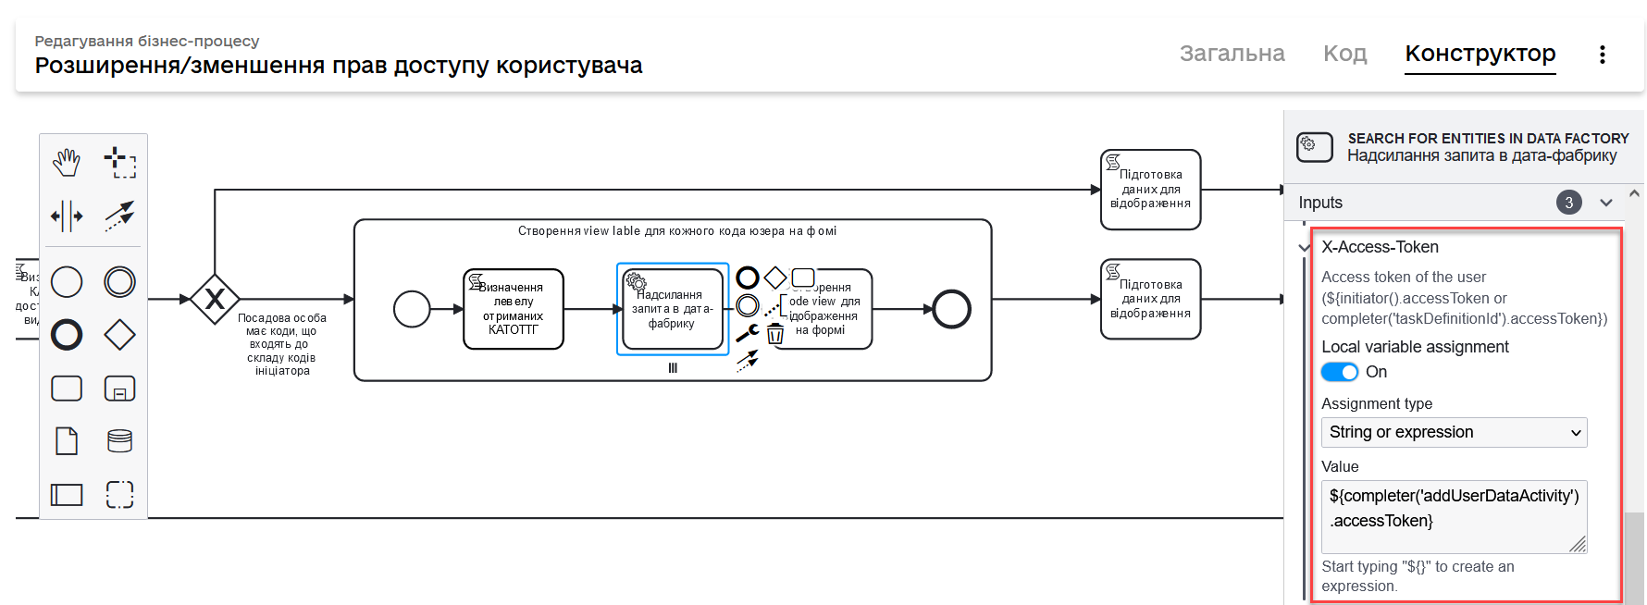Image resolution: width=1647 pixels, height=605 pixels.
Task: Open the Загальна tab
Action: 1232,54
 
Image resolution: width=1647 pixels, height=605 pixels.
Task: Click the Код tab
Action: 1344,54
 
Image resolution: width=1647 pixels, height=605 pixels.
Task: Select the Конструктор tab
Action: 1480,54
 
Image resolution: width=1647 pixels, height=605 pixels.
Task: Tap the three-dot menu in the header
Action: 1602,55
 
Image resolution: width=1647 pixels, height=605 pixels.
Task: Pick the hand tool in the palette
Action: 67,163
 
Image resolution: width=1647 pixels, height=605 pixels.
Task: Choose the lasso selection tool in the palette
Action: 119,163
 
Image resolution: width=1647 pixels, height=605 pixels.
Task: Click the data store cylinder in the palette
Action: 119,440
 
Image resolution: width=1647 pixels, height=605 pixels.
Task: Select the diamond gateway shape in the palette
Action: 119,335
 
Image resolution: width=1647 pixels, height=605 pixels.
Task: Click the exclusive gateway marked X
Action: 215,299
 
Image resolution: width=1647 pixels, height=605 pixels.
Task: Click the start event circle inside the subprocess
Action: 412,309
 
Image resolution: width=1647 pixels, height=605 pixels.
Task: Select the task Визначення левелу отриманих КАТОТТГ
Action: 514,309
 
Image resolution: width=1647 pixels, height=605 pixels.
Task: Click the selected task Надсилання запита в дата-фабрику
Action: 673,310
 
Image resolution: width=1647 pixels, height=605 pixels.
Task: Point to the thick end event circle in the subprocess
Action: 951,309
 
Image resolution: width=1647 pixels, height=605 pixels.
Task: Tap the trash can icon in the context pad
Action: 775,334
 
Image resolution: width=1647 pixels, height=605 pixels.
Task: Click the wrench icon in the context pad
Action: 748,333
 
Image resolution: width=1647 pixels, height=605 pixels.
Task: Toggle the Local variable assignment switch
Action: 1339,372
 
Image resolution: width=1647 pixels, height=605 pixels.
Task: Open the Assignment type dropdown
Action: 1453,432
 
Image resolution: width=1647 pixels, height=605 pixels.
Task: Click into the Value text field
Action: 1453,516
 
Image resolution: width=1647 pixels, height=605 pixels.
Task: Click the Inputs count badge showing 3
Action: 1568,203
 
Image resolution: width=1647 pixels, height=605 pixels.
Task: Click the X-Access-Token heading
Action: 1380,247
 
